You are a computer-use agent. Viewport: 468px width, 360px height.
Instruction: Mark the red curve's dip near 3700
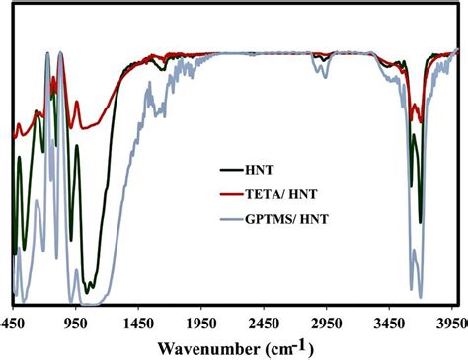coord(423,119)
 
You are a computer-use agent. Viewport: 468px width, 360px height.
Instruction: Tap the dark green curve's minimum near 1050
coord(90,292)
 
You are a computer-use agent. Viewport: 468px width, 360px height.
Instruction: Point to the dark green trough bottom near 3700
coord(421,219)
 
